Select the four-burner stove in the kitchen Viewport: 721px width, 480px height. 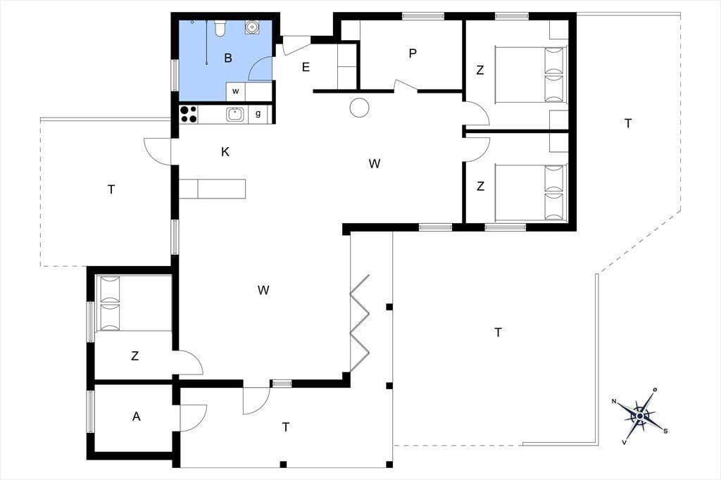189,115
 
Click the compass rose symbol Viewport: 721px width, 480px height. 639,416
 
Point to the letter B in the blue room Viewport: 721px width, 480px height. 228,58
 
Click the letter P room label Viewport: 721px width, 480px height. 413,53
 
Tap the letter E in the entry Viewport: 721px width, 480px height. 306,67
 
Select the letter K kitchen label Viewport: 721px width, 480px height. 225,152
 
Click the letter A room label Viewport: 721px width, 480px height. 136,417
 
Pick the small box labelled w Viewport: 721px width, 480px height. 235,91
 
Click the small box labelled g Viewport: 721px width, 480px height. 258,114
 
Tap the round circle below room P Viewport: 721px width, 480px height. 359,108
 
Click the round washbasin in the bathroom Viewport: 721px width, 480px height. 251,27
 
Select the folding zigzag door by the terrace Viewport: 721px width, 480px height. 360,323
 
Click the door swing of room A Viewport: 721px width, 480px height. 194,418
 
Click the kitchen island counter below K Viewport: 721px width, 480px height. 212,189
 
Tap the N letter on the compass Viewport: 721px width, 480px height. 614,401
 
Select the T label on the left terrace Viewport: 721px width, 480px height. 111,189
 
